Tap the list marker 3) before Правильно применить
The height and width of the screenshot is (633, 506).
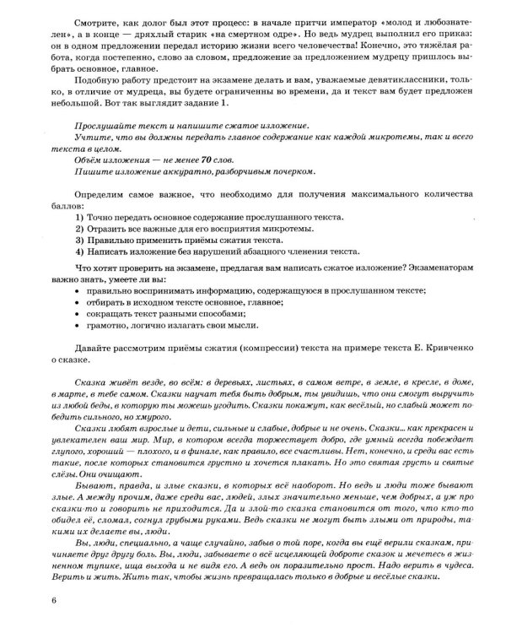click(x=80, y=240)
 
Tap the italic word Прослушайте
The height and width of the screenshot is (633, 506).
click(x=105, y=125)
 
